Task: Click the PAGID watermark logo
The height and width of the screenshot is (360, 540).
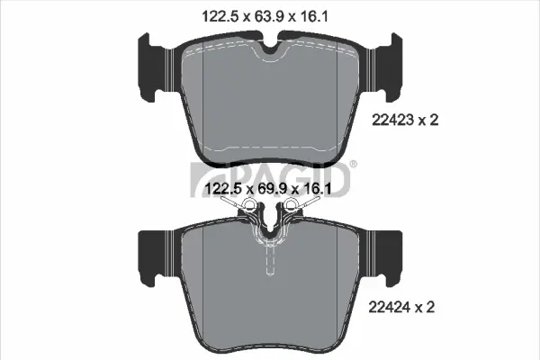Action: click(x=270, y=176)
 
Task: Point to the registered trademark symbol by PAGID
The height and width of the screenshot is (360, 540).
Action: click(x=352, y=164)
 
